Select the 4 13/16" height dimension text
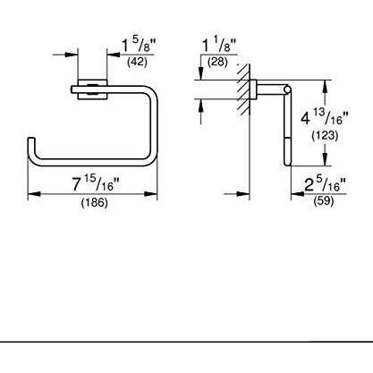tap(343, 115)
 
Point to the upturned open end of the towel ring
tap(31, 144)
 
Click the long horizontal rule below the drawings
tap(186, 342)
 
